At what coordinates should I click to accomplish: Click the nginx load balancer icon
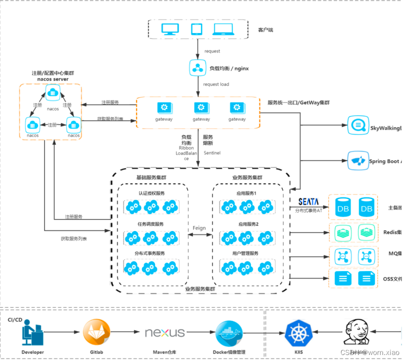(x=197, y=67)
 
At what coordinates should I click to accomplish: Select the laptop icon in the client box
(x=222, y=30)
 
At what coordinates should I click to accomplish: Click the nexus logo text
(x=164, y=332)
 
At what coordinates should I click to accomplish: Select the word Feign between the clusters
(x=199, y=228)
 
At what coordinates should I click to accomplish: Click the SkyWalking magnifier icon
(x=358, y=124)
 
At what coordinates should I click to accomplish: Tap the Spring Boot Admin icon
(x=358, y=161)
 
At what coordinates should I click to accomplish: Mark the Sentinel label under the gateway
(x=210, y=152)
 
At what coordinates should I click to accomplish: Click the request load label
(x=216, y=84)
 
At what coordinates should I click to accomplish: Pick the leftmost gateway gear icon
(x=164, y=107)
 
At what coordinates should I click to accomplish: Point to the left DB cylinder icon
(x=343, y=208)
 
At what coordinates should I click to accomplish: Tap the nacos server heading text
(x=53, y=79)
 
